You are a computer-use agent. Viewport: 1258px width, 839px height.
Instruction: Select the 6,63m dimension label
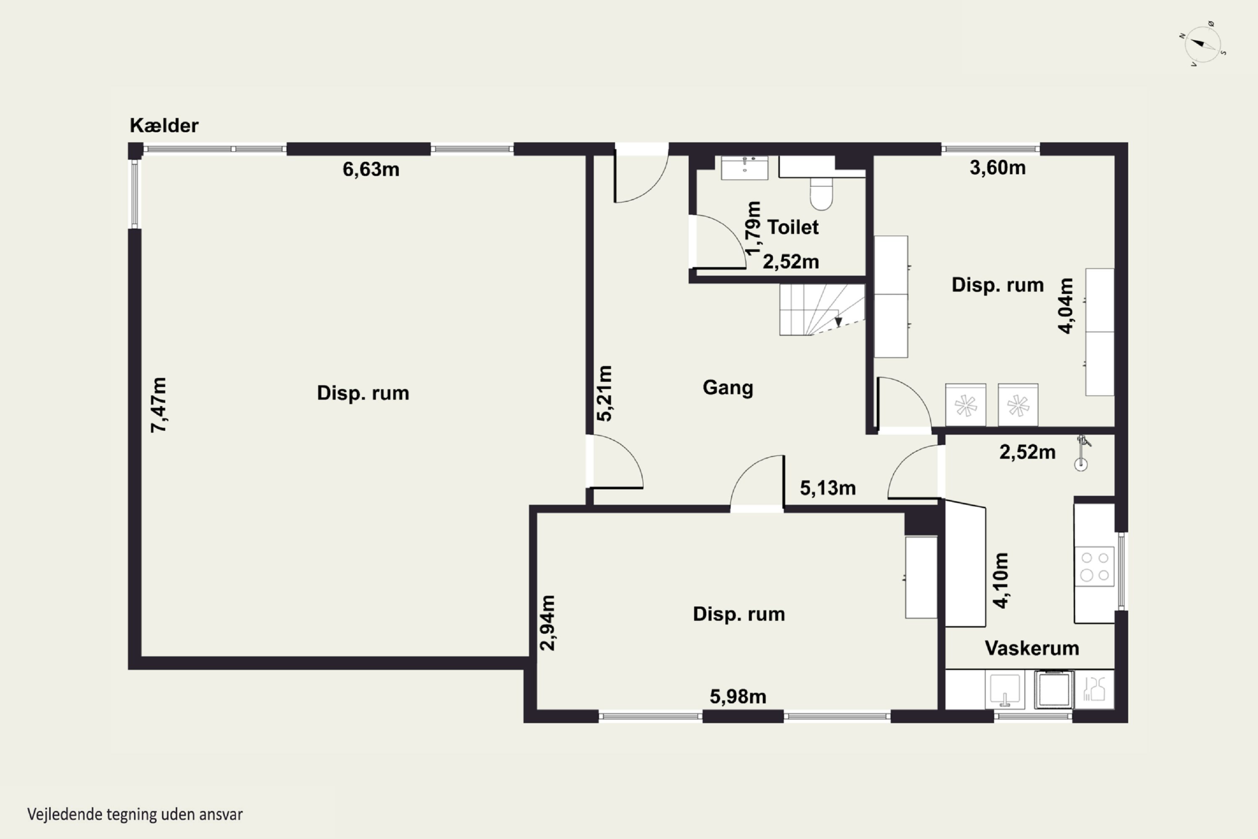371,169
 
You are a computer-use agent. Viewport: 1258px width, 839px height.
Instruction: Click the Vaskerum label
1032,649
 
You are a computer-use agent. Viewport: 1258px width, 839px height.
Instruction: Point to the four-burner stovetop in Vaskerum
1094,566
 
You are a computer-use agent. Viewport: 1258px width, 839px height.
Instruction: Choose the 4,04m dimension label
1066,305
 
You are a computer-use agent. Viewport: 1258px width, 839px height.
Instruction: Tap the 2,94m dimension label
548,623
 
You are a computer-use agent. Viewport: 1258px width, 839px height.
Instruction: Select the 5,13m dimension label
827,488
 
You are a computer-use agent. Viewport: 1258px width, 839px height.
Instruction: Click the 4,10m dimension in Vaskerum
1000,581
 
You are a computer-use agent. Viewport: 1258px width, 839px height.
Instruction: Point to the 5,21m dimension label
604,393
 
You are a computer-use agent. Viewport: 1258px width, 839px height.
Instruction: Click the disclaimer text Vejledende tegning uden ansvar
135,814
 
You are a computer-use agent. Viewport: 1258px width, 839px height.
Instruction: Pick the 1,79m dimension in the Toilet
753,229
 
